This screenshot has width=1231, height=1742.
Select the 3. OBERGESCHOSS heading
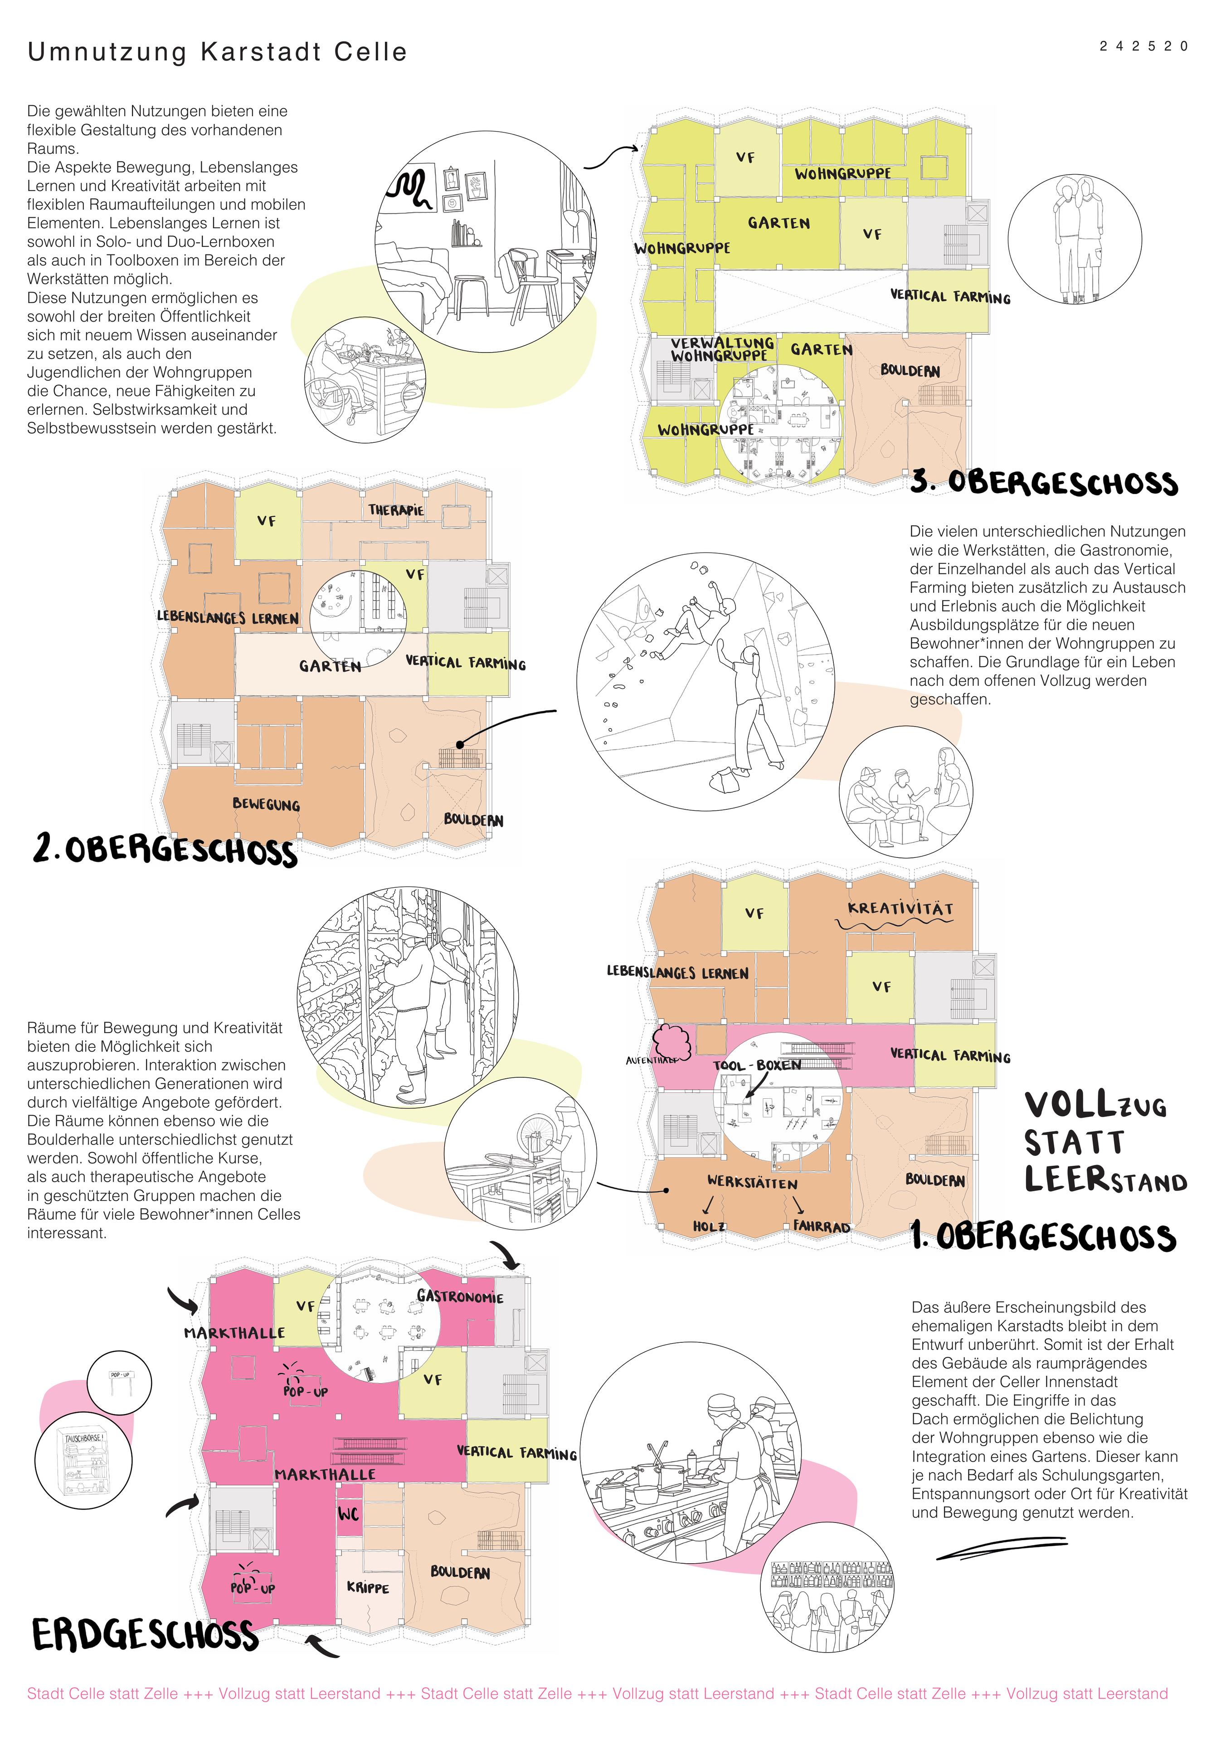point(1044,483)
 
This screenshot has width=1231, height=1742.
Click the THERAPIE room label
point(396,510)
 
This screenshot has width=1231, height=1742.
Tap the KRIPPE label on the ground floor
point(368,1587)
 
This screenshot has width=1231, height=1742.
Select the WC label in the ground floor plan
point(348,1514)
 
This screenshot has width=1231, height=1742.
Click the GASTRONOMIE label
point(460,1297)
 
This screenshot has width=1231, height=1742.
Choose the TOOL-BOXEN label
point(757,1065)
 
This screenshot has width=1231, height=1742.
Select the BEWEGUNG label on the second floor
point(266,804)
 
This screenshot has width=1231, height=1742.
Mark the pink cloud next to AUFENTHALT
point(672,1041)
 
